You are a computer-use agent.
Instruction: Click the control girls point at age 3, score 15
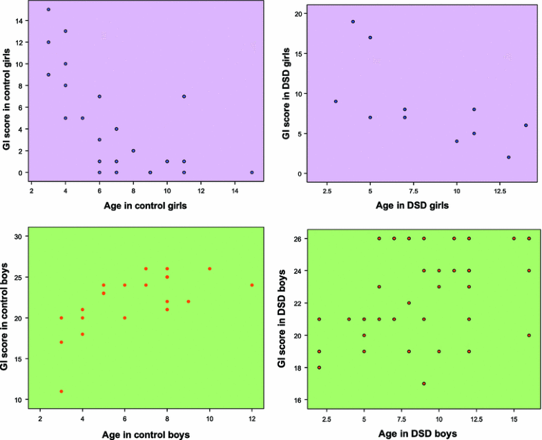48,10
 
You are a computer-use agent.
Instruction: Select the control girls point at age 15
252,172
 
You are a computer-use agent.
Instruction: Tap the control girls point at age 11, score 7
184,97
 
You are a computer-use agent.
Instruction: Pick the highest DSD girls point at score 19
353,21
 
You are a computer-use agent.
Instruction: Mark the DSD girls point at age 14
526,126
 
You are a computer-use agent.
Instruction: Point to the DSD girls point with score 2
509,157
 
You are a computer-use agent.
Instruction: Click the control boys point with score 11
61,391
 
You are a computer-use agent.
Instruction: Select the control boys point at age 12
252,285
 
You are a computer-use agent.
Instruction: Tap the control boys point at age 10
209,269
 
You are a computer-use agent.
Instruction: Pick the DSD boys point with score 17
424,383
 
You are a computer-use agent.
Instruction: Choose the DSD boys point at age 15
514,239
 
